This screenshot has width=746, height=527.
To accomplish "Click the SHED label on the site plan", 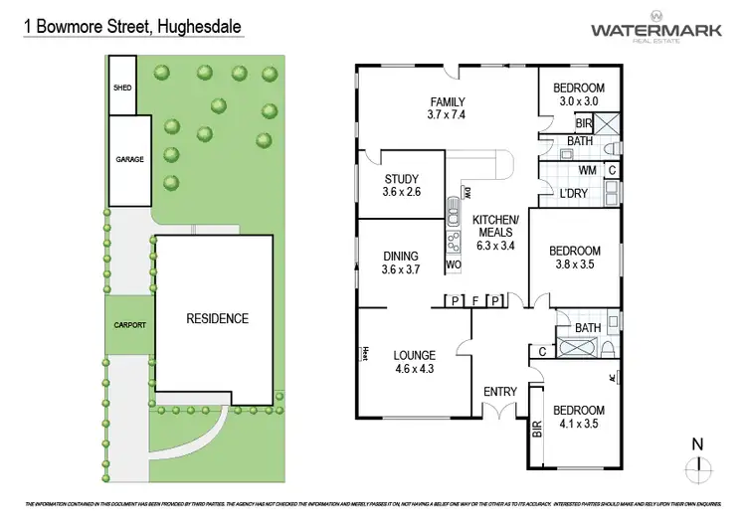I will (x=122, y=87).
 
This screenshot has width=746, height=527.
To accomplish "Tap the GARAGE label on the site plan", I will (x=128, y=159).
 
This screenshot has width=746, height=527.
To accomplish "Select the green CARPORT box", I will (x=128, y=325).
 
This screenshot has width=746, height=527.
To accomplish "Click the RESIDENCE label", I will (x=218, y=319).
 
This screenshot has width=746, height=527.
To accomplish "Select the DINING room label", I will (x=401, y=256).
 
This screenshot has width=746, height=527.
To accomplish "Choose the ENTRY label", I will (x=499, y=392).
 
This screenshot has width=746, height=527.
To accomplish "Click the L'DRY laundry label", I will (x=573, y=193).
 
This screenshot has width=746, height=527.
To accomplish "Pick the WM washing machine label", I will (x=587, y=171).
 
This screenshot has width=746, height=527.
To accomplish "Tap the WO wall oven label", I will (x=453, y=265).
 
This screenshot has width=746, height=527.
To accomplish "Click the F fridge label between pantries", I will (x=475, y=300).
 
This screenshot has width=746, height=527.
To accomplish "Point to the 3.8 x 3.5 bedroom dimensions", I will (x=575, y=264).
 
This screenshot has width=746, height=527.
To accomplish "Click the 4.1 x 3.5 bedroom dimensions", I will (x=578, y=424).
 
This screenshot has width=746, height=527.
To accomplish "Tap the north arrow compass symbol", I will (x=700, y=463).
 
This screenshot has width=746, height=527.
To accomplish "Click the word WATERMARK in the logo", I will (x=653, y=30).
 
